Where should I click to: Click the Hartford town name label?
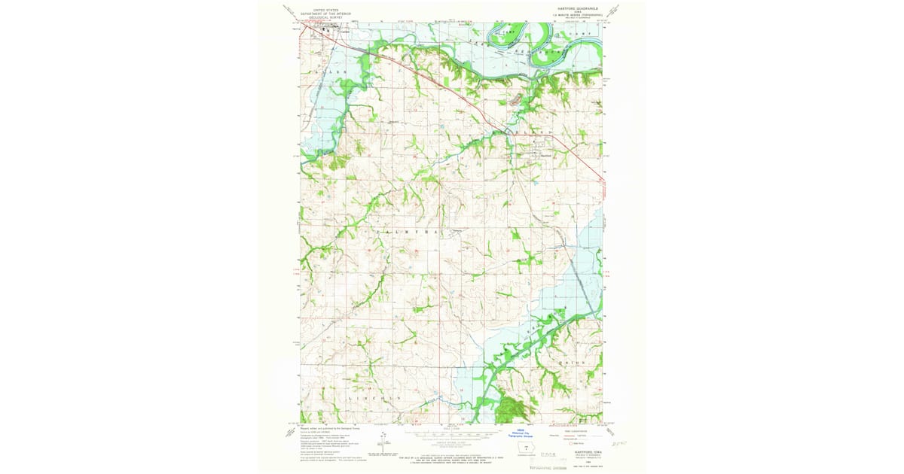click(546, 156)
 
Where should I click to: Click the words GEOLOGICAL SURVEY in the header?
click(320, 16)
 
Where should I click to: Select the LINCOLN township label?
click(373, 397)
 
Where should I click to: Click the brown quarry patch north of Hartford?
click(515, 99)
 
